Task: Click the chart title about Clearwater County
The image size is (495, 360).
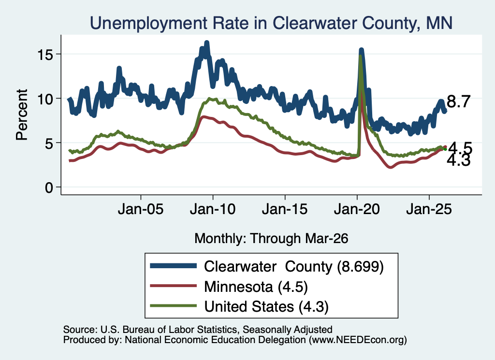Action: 271,23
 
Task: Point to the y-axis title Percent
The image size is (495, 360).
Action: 22,115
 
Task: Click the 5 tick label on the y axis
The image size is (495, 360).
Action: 49,144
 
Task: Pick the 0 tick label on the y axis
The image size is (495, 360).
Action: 49,187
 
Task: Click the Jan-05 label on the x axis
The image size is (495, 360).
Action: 141,209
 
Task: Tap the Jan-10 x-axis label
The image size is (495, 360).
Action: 213,209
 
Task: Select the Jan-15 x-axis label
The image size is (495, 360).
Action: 285,209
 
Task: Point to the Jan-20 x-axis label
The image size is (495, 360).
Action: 357,209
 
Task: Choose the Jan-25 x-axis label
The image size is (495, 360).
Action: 429,209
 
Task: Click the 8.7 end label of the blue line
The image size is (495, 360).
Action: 459,101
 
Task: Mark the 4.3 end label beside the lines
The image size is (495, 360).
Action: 459,160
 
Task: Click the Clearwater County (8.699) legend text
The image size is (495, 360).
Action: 293,267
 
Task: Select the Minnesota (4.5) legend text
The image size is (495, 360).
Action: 256,287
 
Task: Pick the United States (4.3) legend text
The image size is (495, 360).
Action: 266,307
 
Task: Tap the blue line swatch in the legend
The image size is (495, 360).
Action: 174,266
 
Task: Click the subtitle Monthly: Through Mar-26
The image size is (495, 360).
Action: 271,238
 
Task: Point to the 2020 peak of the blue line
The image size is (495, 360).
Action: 361,50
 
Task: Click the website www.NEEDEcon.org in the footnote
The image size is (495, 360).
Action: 358,340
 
